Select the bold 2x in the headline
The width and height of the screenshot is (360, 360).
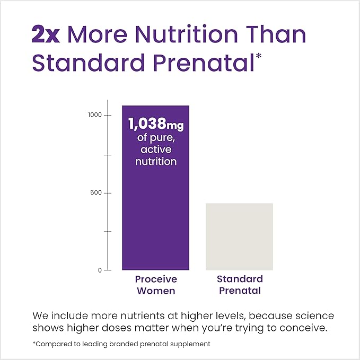coord(46,34)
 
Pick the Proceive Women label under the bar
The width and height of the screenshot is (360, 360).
coord(155,285)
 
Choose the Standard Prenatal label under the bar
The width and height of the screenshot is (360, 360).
coord(240,285)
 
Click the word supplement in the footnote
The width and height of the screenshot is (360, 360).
coord(190,344)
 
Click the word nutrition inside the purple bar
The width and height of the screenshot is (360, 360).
coord(155,161)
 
